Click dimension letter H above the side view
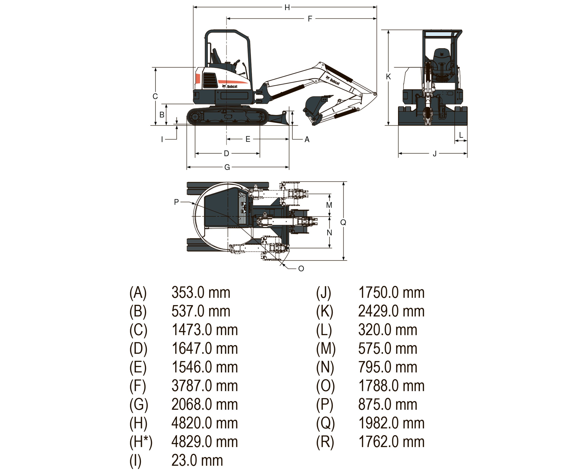(x=287, y=8)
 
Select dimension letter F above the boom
(x=310, y=19)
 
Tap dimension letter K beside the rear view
(x=388, y=77)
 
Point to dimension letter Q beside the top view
(x=343, y=222)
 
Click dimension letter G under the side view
(x=227, y=167)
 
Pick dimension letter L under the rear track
(x=461, y=135)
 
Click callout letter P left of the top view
(x=176, y=202)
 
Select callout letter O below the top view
(x=301, y=268)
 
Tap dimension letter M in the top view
(x=329, y=205)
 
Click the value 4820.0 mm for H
(x=205, y=423)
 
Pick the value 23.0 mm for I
(x=197, y=461)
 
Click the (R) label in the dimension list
(x=325, y=442)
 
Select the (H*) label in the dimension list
(x=141, y=442)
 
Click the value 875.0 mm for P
(x=387, y=405)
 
